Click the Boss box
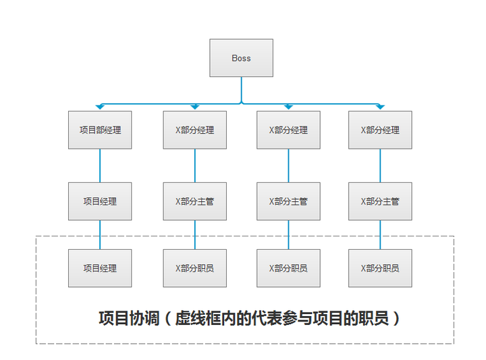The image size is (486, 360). tap(241, 58)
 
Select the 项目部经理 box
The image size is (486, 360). tap(100, 130)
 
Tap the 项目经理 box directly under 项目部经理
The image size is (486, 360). tap(100, 201)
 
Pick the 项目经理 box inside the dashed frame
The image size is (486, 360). tap(100, 267)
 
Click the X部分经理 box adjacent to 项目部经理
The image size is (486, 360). tap(194, 130)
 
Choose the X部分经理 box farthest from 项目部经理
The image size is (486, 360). tap(380, 130)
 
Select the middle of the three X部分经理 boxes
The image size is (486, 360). tap(288, 130)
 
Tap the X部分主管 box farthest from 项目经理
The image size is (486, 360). tap(380, 201)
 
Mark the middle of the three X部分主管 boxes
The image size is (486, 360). tap(288, 201)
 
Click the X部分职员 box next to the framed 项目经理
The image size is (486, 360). tap(194, 267)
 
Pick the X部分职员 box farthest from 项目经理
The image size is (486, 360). tap(380, 267)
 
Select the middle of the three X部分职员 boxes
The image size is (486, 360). tap(288, 267)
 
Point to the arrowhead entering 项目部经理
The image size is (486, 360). tap(100, 107)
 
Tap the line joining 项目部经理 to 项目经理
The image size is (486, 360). tap(100, 165)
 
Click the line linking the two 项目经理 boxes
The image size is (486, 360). tap(100, 234)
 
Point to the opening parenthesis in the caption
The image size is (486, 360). tap(167, 318)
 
